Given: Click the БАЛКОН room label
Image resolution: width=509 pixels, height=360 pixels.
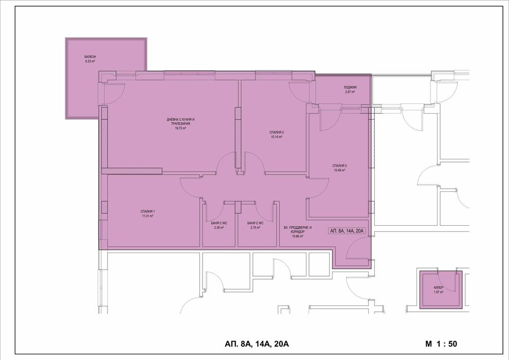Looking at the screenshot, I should [90, 57].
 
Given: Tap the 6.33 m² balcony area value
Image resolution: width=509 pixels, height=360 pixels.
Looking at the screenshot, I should [90, 61].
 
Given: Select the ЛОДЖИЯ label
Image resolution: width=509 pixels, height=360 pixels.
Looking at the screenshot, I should [350, 87].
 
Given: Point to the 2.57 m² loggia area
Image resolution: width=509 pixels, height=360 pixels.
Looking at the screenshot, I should [350, 92].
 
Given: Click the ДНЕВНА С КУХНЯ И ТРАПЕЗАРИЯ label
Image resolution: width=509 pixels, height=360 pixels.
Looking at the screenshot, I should [181, 122].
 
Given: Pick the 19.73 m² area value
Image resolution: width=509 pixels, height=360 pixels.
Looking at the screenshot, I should [180, 129].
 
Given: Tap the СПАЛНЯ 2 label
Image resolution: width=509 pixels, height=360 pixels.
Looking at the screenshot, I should [277, 133].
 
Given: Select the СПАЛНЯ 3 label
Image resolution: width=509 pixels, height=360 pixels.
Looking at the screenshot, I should [340, 166].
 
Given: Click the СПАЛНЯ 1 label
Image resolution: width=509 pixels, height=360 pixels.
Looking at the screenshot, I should [148, 212].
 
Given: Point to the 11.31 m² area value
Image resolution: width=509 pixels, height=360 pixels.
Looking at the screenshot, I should [148, 217].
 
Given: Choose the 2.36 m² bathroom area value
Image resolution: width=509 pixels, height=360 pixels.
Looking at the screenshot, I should [219, 227].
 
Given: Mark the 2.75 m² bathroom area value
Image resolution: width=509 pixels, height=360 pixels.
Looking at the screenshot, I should [255, 227].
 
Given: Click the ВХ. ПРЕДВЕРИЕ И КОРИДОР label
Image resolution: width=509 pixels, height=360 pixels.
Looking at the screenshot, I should [298, 229].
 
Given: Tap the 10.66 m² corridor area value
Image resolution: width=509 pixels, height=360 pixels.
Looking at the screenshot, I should [297, 236].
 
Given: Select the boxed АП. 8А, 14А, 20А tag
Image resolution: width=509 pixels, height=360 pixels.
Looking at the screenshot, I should [347, 231].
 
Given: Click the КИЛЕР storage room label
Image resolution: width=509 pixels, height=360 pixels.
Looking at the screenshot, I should [439, 287].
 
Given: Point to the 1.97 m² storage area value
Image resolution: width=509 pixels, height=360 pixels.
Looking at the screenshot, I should [439, 292].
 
